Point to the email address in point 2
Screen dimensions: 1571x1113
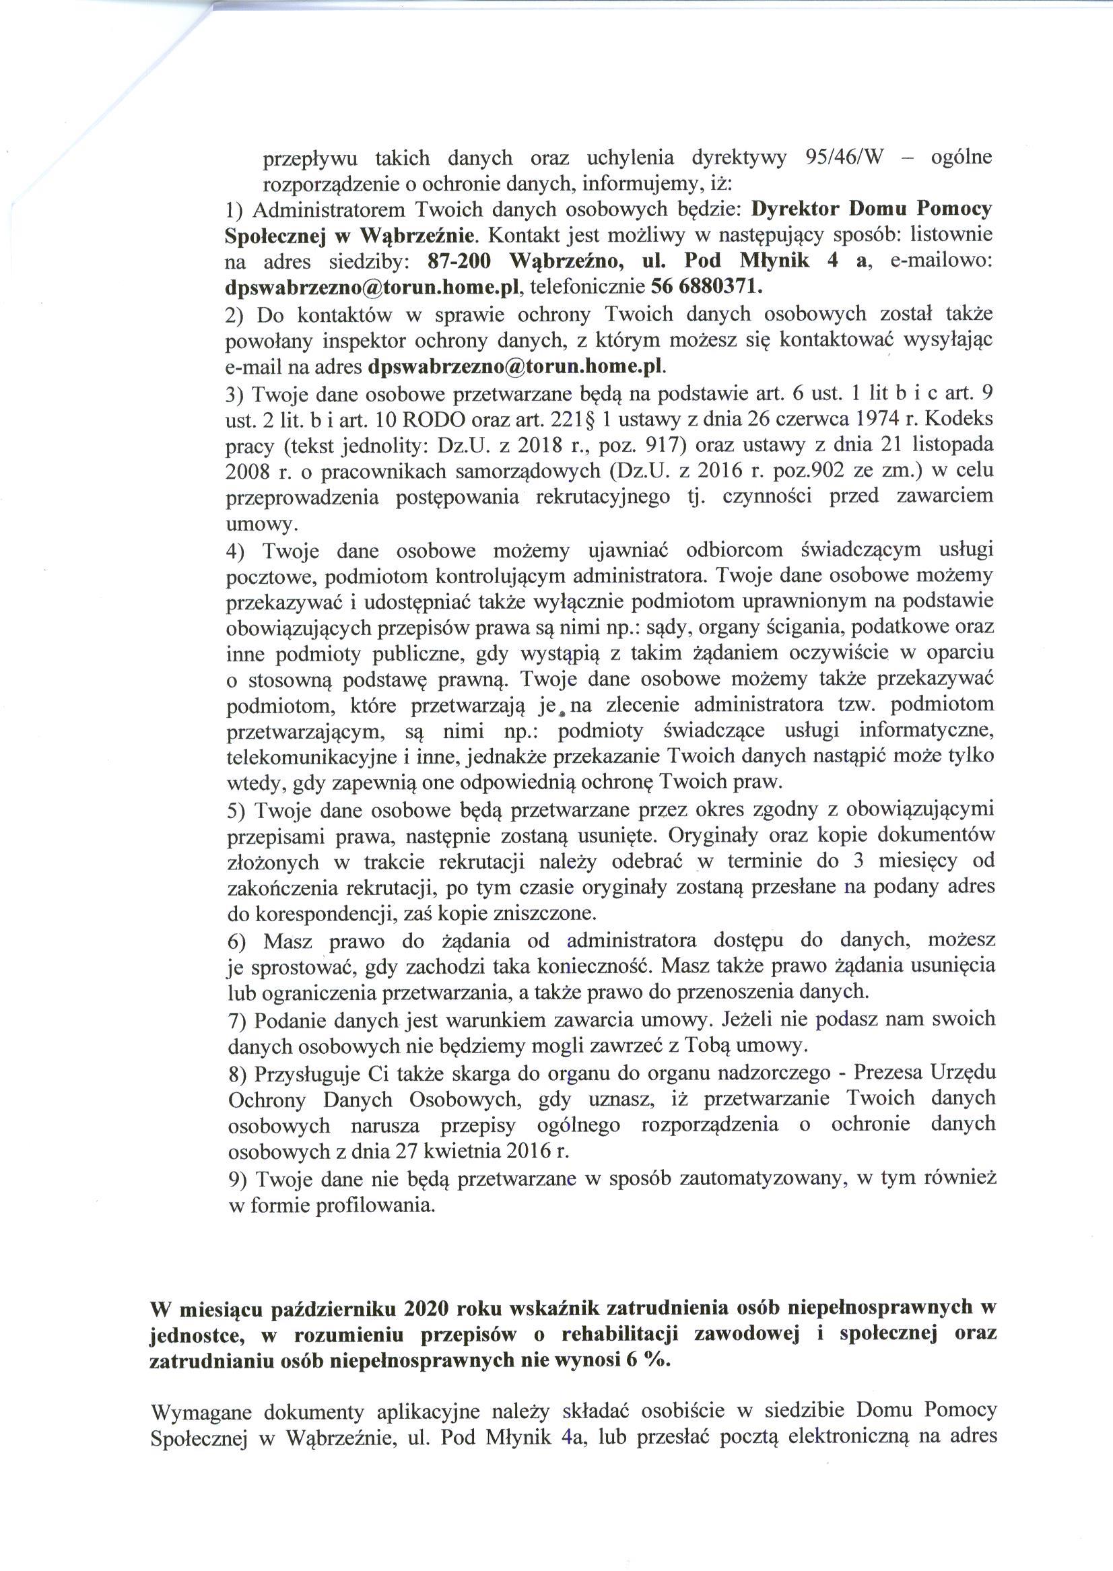coord(516,366)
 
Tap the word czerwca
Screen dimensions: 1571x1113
coord(793,420)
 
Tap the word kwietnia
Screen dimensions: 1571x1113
coord(475,1150)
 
